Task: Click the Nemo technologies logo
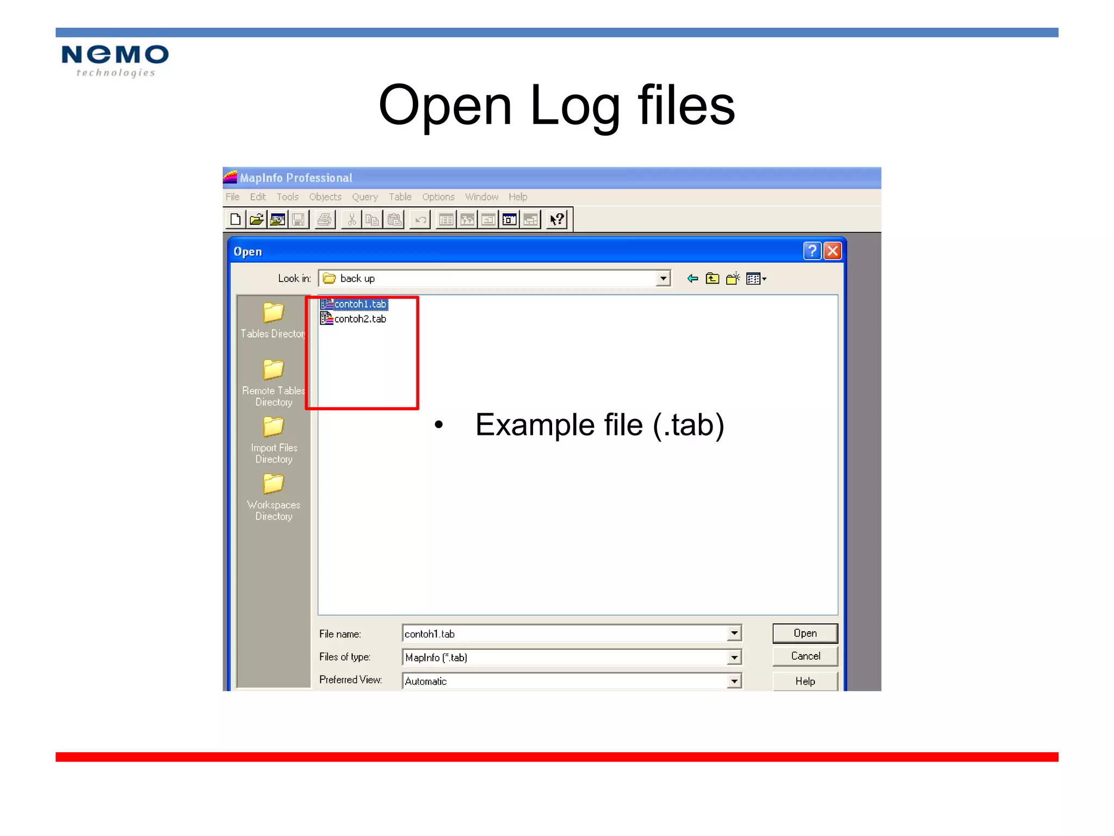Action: point(115,60)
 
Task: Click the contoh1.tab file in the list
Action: point(360,304)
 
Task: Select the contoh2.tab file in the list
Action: point(360,319)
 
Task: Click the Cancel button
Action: point(805,656)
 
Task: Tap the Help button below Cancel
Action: point(805,681)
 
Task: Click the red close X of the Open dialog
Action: point(832,251)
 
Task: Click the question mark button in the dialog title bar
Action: point(812,251)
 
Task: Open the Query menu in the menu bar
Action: point(364,197)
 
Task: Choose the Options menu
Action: point(438,197)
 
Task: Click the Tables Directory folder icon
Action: point(273,313)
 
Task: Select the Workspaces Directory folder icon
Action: point(273,484)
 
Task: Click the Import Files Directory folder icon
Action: point(273,427)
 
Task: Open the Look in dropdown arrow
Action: point(663,279)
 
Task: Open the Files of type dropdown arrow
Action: point(734,657)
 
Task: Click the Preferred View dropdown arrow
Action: point(734,681)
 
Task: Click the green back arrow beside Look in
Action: point(692,279)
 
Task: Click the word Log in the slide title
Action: point(574,106)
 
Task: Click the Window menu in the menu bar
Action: point(481,197)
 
